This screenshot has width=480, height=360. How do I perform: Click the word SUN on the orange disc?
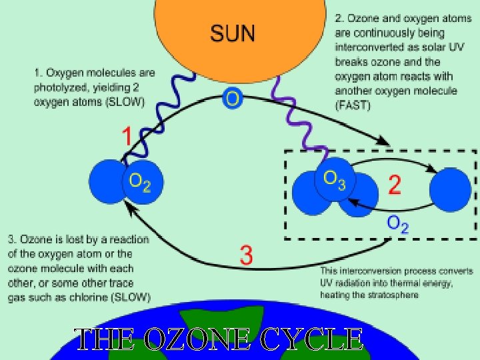tap(233, 33)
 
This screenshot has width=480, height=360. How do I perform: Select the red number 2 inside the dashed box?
tap(395, 185)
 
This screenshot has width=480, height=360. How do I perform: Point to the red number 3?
tap(246, 255)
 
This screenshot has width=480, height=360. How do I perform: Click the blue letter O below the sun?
tap(233, 99)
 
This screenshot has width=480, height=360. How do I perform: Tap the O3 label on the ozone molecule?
tap(334, 179)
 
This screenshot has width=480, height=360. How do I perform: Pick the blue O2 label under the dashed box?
tap(398, 223)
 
